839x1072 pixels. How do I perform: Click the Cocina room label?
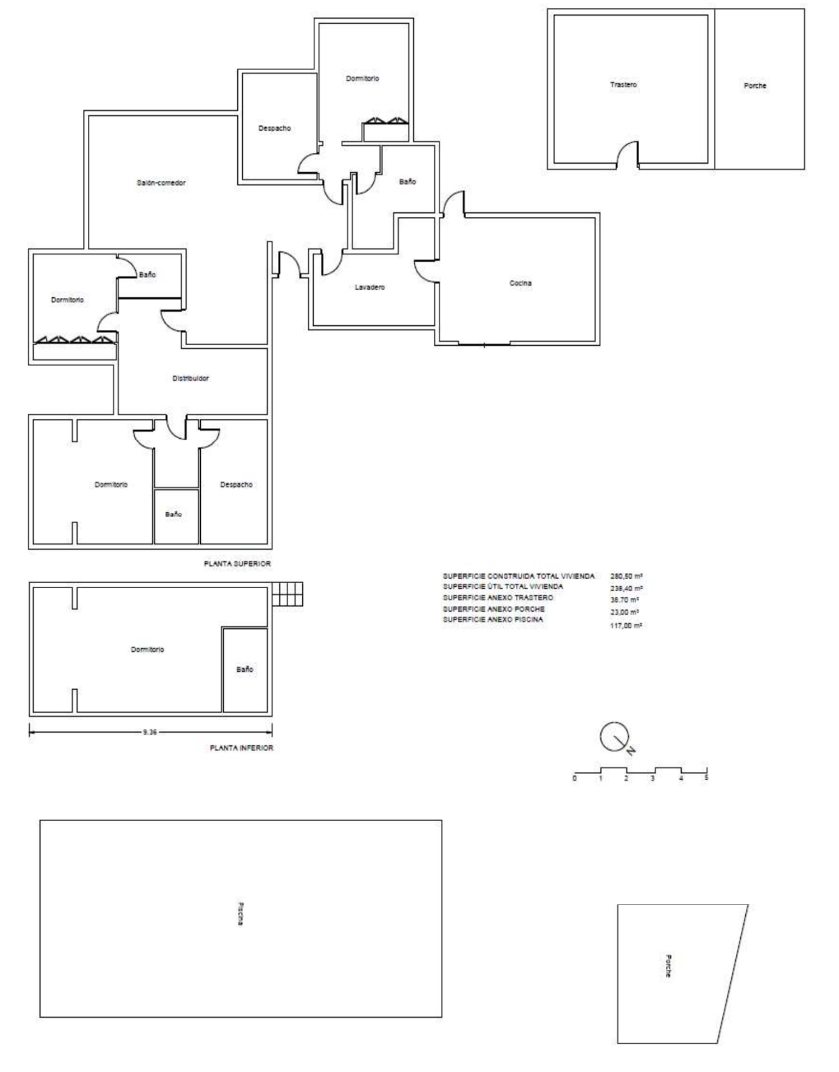[x=520, y=283]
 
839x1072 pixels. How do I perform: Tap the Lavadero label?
[x=369, y=287]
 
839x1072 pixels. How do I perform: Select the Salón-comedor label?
[x=161, y=182]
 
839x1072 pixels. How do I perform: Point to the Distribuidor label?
[x=190, y=378]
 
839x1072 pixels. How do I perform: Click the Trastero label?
[x=623, y=85]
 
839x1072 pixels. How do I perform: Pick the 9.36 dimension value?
[x=149, y=733]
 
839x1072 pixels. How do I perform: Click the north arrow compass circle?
[x=614, y=737]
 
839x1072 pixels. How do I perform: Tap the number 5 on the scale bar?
[x=706, y=778]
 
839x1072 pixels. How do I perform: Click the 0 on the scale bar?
[x=575, y=778]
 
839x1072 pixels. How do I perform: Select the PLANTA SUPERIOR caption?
[x=237, y=563]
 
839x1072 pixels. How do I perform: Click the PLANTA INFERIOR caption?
[x=241, y=748]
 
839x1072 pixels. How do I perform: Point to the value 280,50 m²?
[x=627, y=576]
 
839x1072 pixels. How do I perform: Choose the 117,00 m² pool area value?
[x=626, y=625]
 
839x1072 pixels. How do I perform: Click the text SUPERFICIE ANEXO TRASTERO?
[x=497, y=597]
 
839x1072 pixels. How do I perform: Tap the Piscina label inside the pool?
[x=240, y=913]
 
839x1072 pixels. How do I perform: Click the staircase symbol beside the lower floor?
[x=287, y=594]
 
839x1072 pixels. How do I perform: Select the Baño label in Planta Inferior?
[x=244, y=670]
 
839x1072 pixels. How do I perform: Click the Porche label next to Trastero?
[x=755, y=86]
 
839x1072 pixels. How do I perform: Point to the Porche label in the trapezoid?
[x=668, y=966]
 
